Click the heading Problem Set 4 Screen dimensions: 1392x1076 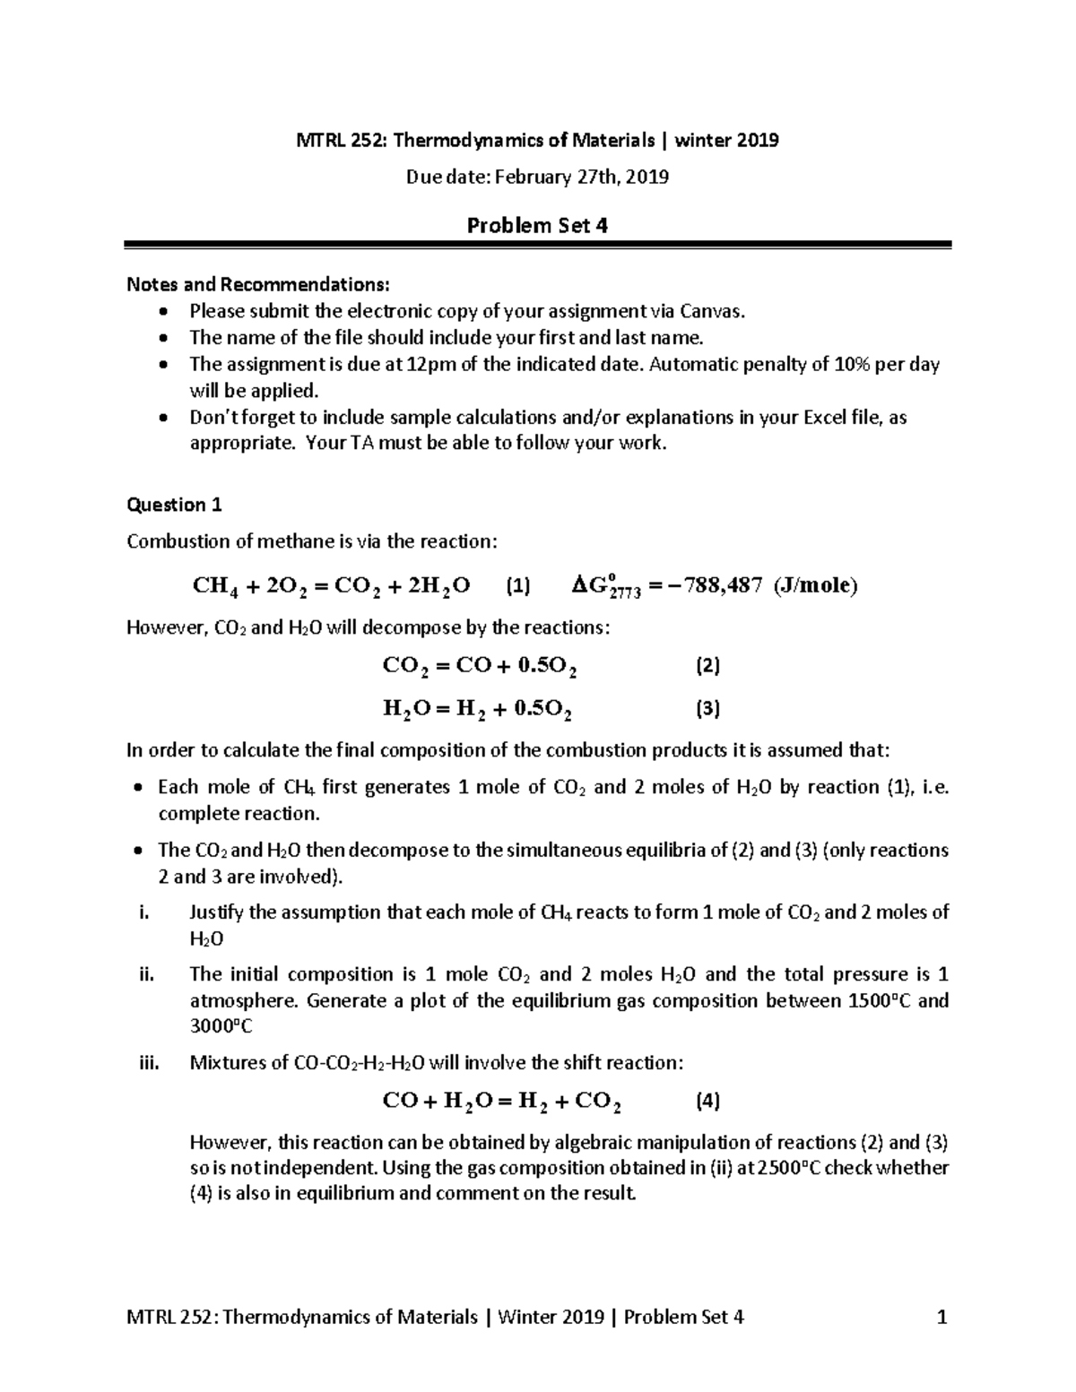537,225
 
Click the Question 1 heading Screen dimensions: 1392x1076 174,505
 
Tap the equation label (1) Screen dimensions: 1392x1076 518,586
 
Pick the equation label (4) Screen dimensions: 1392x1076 708,1101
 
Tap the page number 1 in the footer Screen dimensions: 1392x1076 941,1317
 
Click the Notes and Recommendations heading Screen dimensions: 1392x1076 259,285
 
